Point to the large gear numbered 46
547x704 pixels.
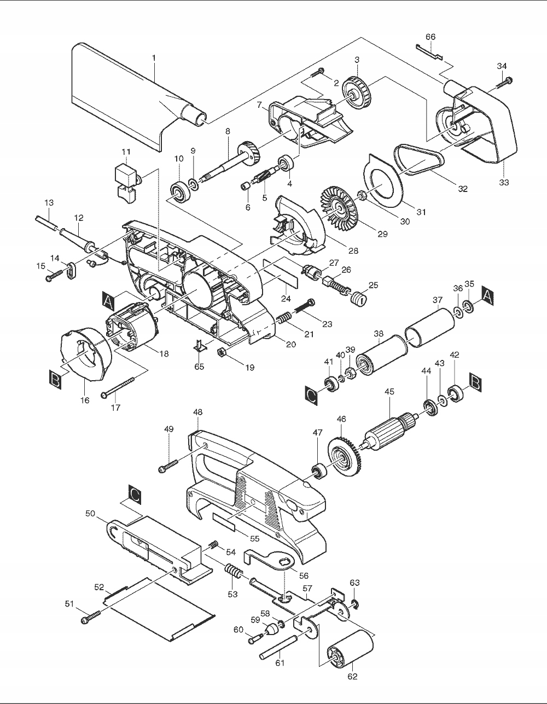[x=345, y=456]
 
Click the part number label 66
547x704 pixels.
[x=430, y=37]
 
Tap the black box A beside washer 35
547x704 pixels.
[x=487, y=296]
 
